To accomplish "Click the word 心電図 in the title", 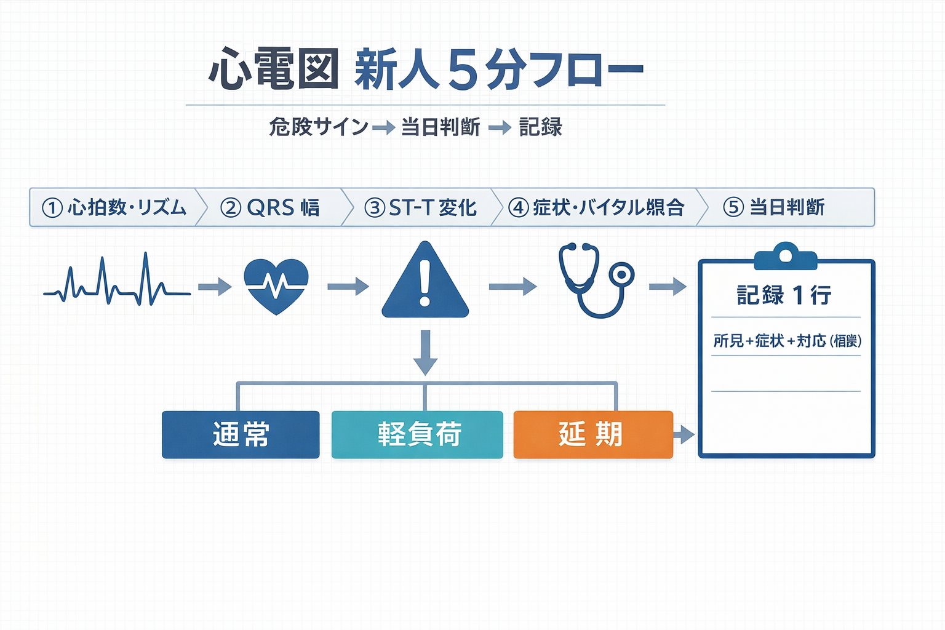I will (274, 69).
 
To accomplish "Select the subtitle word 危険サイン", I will (318, 127).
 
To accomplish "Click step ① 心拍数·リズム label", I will (114, 207).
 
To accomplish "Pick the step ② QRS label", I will (270, 207).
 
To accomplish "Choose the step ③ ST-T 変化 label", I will (421, 207).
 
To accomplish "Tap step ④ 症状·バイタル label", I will (596, 207).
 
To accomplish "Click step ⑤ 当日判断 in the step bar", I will (774, 207).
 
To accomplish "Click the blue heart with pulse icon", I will (276, 285).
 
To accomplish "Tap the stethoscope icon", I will (594, 279).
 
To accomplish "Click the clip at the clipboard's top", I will (786, 256).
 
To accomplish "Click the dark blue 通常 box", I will (241, 434).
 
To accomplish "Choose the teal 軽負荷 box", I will (417, 434).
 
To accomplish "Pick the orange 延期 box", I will (593, 434).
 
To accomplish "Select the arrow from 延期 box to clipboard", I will (684, 435).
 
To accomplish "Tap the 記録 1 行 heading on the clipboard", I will (784, 295).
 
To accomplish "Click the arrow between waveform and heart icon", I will (215, 286).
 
